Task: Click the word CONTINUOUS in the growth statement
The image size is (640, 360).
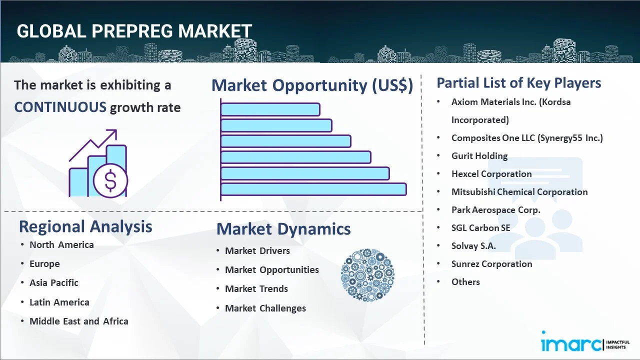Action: (60, 107)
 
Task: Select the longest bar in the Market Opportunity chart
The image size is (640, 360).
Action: (313, 189)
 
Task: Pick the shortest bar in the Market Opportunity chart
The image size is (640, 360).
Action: (270, 109)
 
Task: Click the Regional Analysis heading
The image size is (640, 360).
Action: (85, 226)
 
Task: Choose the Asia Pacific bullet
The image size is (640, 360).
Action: (54, 282)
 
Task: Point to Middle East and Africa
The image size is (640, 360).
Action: (78, 321)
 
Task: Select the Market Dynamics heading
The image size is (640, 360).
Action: (283, 229)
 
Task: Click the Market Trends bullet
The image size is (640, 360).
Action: (256, 288)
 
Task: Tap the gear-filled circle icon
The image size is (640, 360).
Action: (367, 275)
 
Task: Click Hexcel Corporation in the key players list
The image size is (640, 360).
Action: (491, 174)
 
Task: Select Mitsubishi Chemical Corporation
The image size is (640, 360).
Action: (519, 192)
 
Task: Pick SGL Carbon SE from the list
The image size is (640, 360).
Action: (480, 228)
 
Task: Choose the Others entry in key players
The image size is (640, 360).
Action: (465, 282)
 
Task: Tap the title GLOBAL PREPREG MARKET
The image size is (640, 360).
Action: (134, 31)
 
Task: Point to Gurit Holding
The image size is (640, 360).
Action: (479, 156)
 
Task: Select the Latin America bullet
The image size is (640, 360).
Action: (59, 302)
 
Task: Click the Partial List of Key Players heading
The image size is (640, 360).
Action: (519, 82)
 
